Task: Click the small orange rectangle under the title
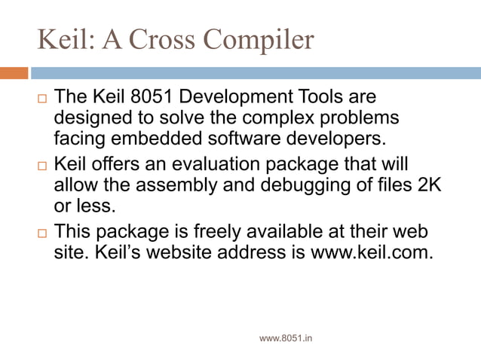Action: coord(14,73)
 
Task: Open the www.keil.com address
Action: coord(372,252)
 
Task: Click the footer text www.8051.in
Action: coord(286,338)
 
